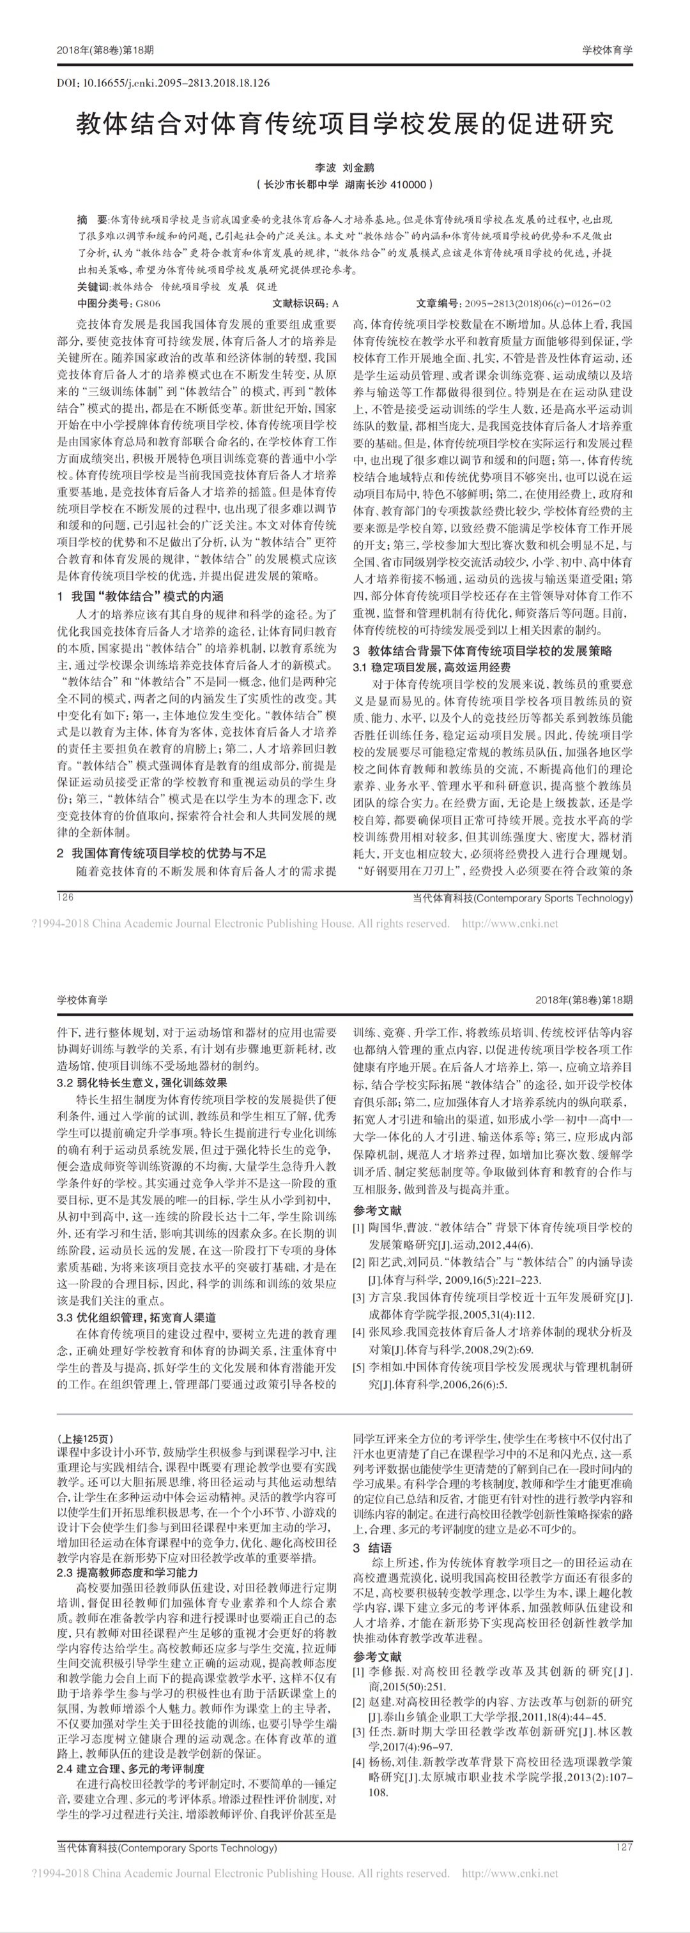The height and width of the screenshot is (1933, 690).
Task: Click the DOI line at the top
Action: point(163,83)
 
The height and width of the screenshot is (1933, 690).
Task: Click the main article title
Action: point(344,124)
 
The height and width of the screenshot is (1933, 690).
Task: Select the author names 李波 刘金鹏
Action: point(344,168)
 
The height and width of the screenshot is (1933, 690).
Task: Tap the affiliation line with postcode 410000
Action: point(344,184)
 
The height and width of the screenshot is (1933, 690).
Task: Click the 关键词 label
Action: point(93,287)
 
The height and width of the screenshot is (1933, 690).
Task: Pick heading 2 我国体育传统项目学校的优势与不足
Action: point(162,854)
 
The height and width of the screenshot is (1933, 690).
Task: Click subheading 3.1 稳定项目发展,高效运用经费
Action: point(432,667)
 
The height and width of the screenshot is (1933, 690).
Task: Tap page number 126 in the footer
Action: point(65,898)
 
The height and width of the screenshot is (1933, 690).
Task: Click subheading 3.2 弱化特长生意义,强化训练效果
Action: point(142,1083)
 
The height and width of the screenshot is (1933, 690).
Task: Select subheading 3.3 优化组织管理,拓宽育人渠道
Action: point(137,1317)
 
